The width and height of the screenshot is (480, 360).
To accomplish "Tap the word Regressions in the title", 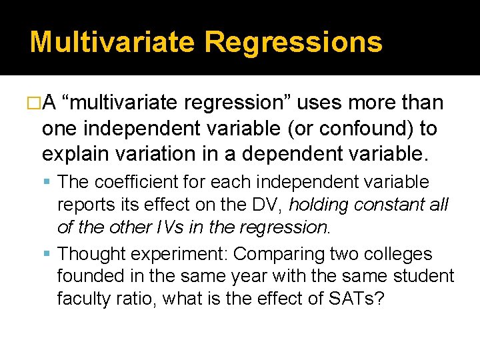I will coord(293,41).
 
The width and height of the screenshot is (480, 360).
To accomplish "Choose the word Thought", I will coord(91,254).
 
